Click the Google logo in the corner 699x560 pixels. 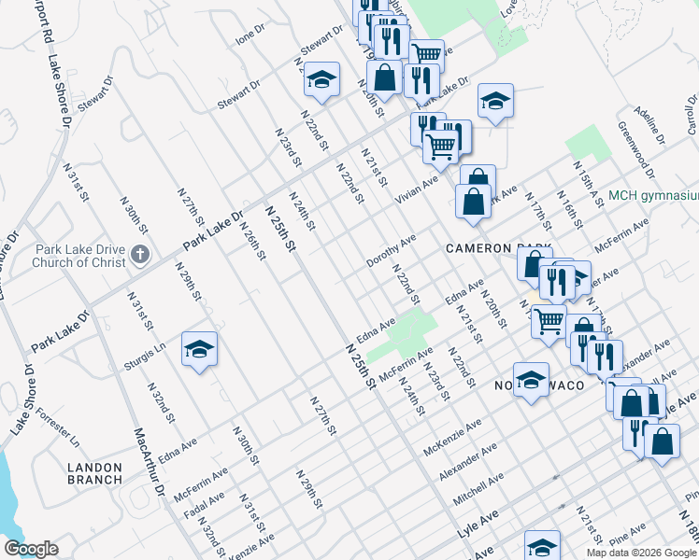click(32, 549)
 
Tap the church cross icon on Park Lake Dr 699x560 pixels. click(139, 254)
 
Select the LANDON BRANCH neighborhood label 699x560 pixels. click(94, 472)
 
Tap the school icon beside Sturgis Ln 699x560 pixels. click(199, 349)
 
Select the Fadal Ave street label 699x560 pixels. click(204, 504)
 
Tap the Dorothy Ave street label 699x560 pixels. click(391, 251)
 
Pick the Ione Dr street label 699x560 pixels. click(250, 35)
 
